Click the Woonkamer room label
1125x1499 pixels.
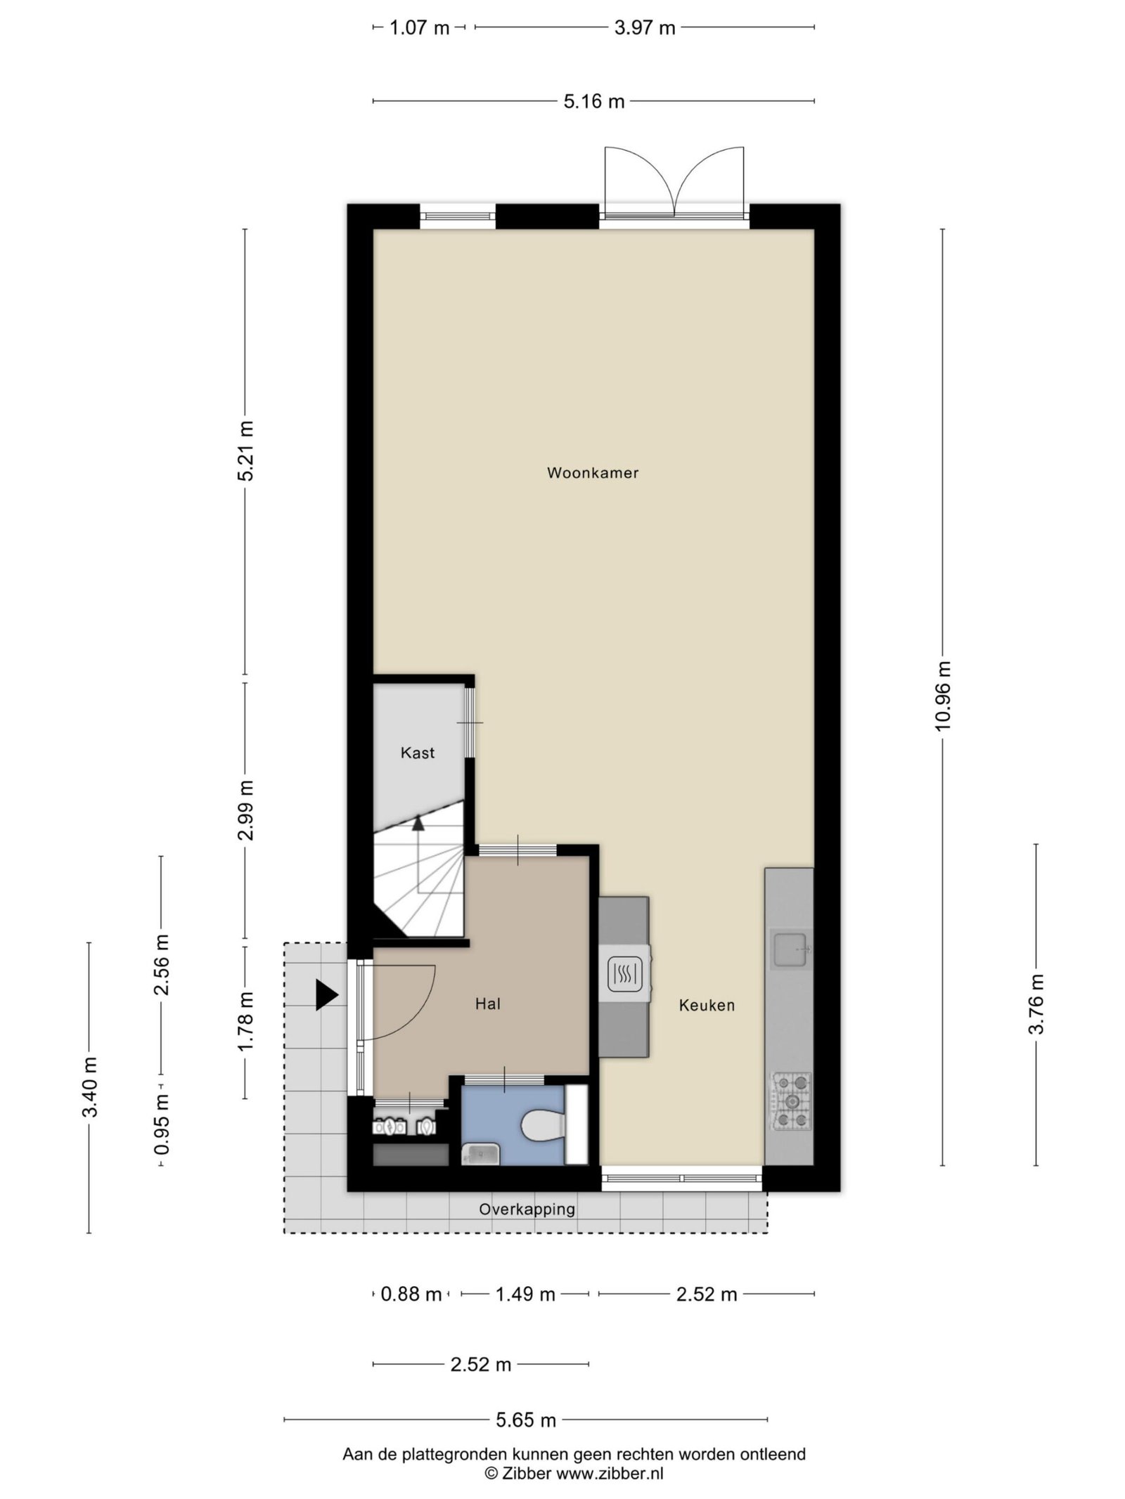click(592, 473)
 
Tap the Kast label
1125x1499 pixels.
click(417, 753)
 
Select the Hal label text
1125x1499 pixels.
click(487, 1004)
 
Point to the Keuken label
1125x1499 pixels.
click(706, 1006)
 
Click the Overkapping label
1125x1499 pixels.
click(527, 1209)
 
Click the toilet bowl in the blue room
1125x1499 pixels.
click(543, 1126)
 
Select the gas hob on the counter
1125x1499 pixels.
click(792, 1101)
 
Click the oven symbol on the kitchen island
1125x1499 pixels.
click(624, 975)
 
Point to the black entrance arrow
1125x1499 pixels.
click(326, 995)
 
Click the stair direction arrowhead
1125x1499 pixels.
click(418, 822)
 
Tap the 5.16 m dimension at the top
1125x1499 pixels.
click(593, 102)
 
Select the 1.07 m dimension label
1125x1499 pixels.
click(419, 28)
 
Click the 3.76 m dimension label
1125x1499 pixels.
click(1036, 1004)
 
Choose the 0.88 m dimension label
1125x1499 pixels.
click(411, 1294)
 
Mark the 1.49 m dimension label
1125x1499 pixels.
click(525, 1294)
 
